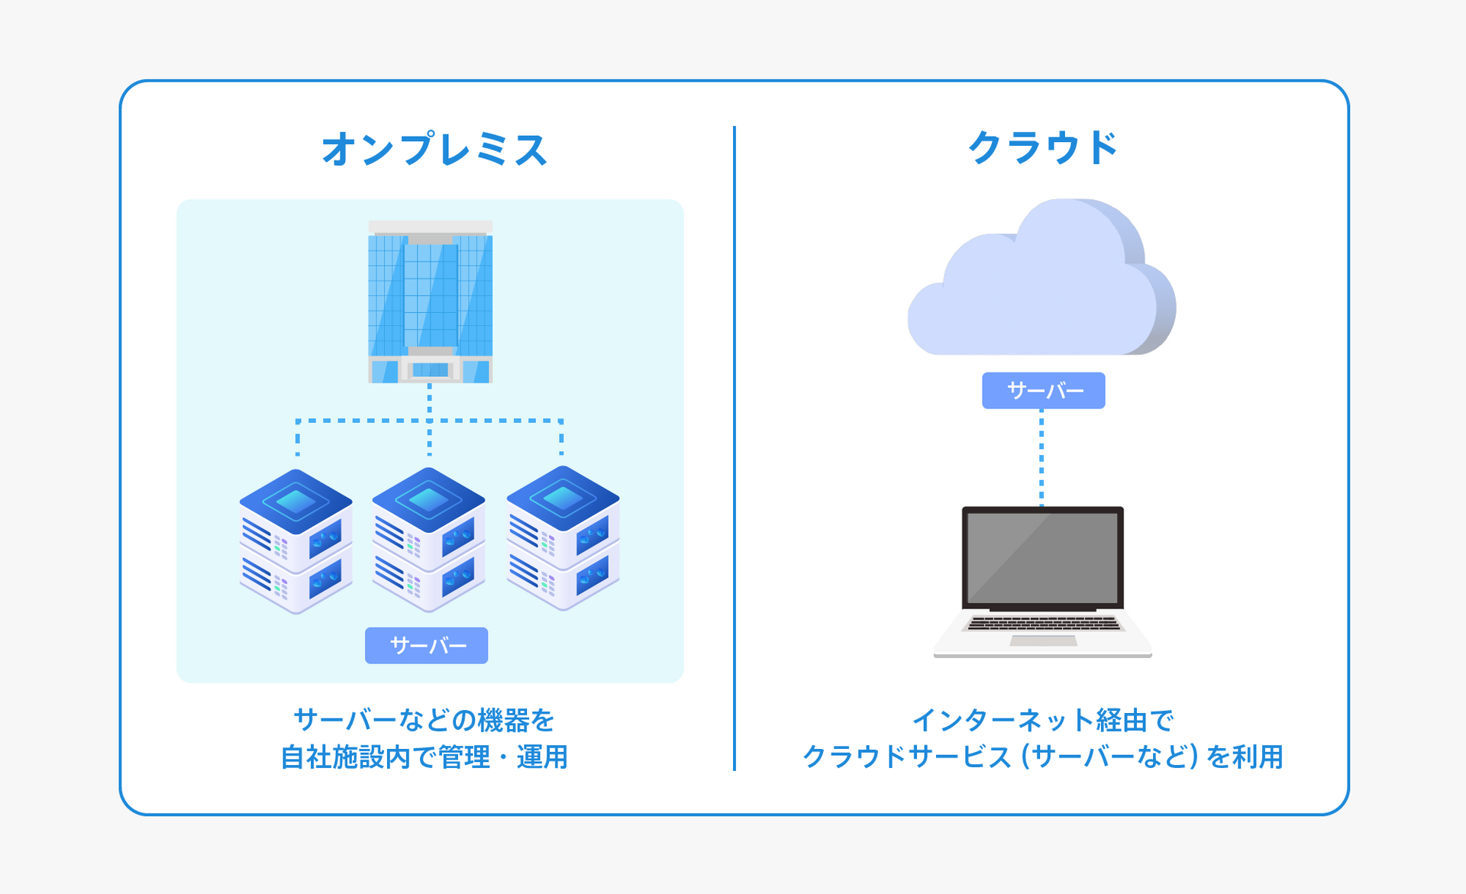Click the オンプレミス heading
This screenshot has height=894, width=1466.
pyautogui.click(x=434, y=149)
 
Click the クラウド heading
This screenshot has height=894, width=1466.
pyautogui.click(x=1043, y=147)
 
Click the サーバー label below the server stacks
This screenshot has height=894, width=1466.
pyautogui.click(x=426, y=646)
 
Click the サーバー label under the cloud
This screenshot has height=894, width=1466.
pyautogui.click(x=1043, y=391)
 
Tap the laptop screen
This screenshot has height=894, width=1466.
pyautogui.click(x=1042, y=557)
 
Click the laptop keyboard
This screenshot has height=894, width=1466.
pyautogui.click(x=1043, y=624)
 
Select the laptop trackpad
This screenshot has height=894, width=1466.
pyautogui.click(x=1043, y=641)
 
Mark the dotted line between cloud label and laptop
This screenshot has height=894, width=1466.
pyautogui.click(x=1041, y=458)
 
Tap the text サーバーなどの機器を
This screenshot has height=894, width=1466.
pyautogui.click(x=425, y=720)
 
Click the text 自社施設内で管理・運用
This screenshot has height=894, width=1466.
pyautogui.click(x=425, y=757)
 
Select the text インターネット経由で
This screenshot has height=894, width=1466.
pyautogui.click(x=1043, y=720)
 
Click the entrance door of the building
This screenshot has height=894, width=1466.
pyautogui.click(x=430, y=370)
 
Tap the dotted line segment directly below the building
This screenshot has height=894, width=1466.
pyautogui.click(x=429, y=400)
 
